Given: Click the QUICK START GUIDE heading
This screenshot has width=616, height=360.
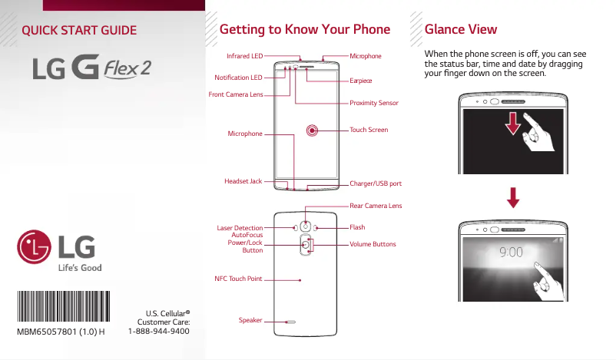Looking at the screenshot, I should point(80,31).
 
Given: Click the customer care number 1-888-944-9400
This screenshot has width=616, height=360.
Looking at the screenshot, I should point(159,332).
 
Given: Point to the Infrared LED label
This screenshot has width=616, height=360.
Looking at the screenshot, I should point(244,56).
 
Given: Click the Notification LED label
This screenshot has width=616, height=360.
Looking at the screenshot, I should point(238,78).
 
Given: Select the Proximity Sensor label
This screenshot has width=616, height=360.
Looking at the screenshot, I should point(374,103).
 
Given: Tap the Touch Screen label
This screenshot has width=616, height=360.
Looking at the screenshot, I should point(369,130).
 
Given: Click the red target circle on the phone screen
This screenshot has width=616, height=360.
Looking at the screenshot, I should point(313,130).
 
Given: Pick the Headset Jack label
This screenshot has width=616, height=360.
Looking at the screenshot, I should point(243,181).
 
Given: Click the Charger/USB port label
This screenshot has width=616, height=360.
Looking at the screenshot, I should point(376,184).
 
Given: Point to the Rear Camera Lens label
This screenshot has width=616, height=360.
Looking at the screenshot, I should point(376,206).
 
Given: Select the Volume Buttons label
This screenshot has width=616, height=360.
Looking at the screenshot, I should point(373,244).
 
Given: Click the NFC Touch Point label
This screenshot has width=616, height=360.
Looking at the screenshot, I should point(238,279).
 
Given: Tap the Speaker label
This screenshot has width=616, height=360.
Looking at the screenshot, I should point(250,319).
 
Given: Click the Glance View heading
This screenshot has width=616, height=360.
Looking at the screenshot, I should point(460,30).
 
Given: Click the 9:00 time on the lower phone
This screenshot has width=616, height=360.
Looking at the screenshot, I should point(512,251).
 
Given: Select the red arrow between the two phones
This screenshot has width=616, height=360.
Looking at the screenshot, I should point(513,197).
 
